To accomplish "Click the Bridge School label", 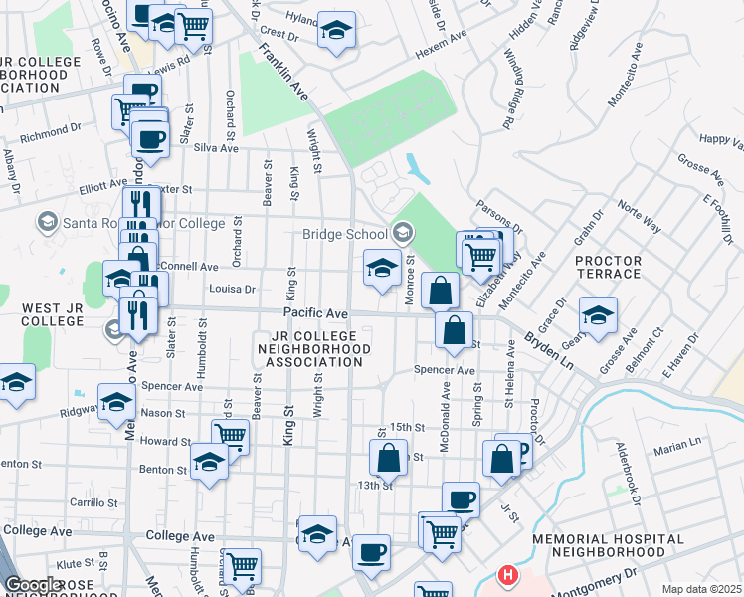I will click(x=345, y=234).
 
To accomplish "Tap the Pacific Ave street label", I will click(x=315, y=312).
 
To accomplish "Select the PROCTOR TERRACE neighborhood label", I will click(x=608, y=267).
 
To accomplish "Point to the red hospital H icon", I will click(x=508, y=576).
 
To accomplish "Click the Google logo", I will click(x=33, y=585).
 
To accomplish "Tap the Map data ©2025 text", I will click(x=702, y=588).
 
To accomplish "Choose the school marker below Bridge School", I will click(x=382, y=269).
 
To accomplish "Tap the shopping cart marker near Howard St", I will click(x=231, y=436).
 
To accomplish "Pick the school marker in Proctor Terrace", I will click(x=598, y=315).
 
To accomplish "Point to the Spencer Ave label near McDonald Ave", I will click(x=445, y=370).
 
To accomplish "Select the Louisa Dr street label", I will click(x=234, y=290).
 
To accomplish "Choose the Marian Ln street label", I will click(x=678, y=451).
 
